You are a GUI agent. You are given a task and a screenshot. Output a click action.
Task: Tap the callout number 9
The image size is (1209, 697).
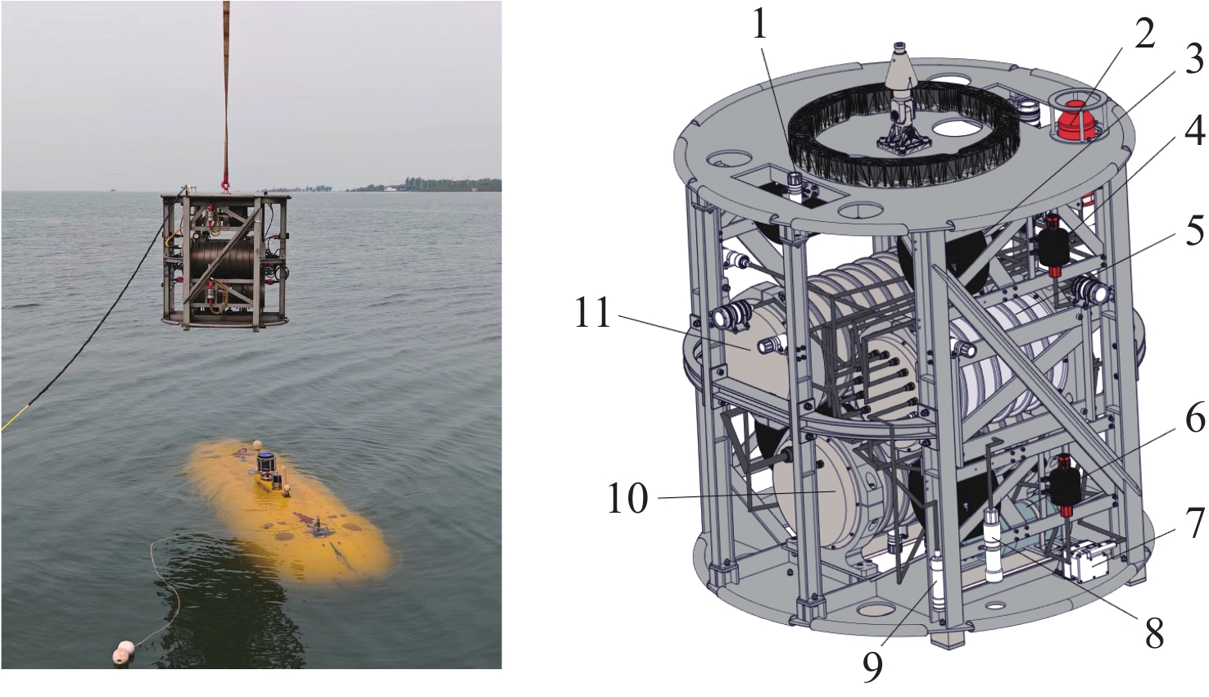click(872, 668)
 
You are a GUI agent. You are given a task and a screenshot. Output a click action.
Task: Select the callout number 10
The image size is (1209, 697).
click(627, 498)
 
